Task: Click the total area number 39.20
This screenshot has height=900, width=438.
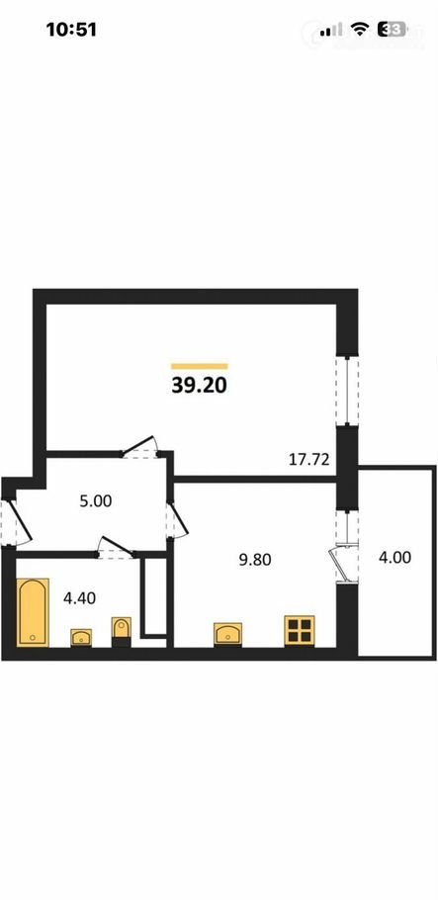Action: (x=199, y=386)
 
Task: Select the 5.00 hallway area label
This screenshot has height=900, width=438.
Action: (x=95, y=501)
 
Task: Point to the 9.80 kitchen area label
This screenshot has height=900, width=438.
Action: (x=255, y=560)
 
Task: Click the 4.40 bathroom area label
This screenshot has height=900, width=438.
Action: (x=79, y=598)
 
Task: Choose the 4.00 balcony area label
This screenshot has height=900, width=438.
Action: (x=394, y=557)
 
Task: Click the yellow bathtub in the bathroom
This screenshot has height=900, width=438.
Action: (x=33, y=612)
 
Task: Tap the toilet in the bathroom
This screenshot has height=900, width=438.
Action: (x=122, y=631)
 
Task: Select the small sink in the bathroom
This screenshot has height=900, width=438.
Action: (x=81, y=638)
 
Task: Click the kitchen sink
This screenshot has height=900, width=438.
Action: (x=227, y=634)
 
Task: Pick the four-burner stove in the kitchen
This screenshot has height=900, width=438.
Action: (x=299, y=630)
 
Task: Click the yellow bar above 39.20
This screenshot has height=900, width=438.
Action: (x=199, y=366)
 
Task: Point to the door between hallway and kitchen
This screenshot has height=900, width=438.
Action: (x=177, y=520)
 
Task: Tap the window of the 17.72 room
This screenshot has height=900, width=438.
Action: (x=347, y=391)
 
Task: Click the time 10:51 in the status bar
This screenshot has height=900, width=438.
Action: (x=71, y=30)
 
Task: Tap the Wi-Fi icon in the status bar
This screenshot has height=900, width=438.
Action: (x=360, y=30)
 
